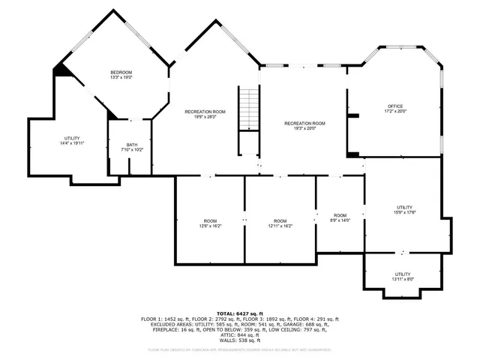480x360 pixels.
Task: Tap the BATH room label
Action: tap(132, 145)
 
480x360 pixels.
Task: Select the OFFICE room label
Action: tap(395, 106)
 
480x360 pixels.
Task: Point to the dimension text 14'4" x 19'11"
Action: tap(72, 144)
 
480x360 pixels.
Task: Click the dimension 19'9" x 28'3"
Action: tap(205, 117)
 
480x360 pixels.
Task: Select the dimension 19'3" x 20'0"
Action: tap(304, 128)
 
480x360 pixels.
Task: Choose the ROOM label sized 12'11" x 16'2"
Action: tap(280, 220)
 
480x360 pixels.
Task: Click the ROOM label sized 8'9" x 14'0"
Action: tap(340, 215)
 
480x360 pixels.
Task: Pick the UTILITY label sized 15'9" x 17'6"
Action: tap(404, 207)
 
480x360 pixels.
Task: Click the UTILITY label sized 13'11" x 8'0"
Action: tap(403, 274)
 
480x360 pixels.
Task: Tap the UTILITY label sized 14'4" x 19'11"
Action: tap(72, 139)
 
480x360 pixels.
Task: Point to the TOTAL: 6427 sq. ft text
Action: tap(239, 313)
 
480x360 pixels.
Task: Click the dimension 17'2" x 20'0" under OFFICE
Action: tap(395, 112)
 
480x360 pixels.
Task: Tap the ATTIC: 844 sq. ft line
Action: tap(239, 334)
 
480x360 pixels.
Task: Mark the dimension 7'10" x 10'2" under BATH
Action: tap(132, 150)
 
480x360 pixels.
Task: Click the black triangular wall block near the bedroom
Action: tap(61, 70)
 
